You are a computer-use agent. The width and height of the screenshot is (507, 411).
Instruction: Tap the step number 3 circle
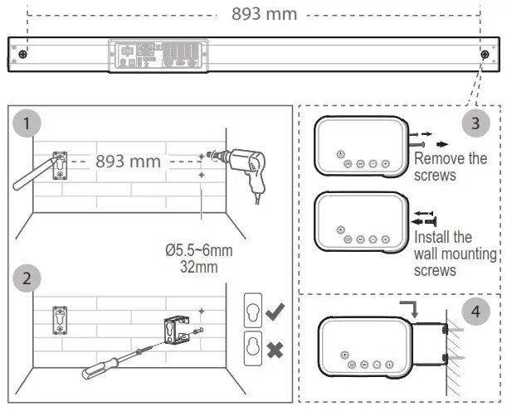[475, 124]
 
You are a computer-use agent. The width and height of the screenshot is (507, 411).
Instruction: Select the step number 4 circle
[475, 312]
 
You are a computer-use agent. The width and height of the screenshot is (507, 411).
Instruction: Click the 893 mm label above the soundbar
[264, 14]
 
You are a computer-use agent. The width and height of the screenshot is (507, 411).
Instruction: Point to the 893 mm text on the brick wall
[128, 161]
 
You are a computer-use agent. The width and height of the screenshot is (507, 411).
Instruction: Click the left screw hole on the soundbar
[22, 55]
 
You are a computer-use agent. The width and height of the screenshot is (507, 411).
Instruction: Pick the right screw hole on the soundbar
[484, 55]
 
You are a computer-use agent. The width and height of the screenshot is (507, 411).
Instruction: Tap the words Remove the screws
[451, 166]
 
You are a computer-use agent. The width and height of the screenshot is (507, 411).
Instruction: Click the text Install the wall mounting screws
[455, 254]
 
